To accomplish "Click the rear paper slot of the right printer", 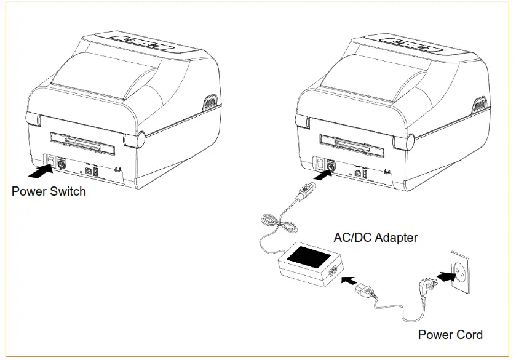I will click(353, 145).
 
